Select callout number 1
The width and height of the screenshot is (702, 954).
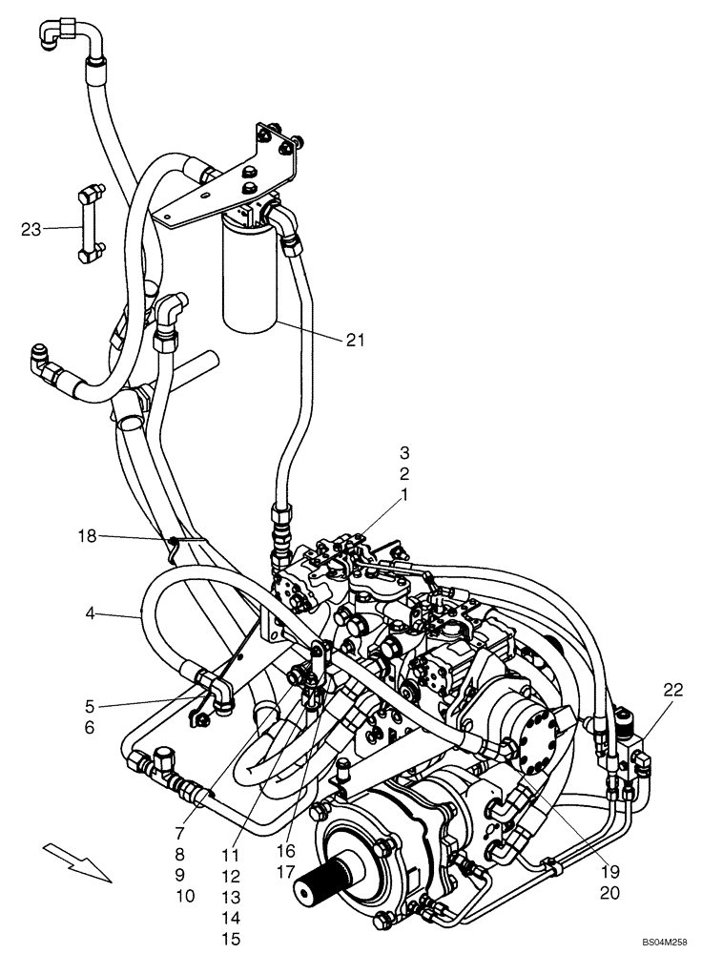point(403,495)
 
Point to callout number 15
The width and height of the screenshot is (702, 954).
point(231,939)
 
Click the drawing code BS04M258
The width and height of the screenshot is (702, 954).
point(663,942)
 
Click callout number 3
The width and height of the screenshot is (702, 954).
point(403,451)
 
